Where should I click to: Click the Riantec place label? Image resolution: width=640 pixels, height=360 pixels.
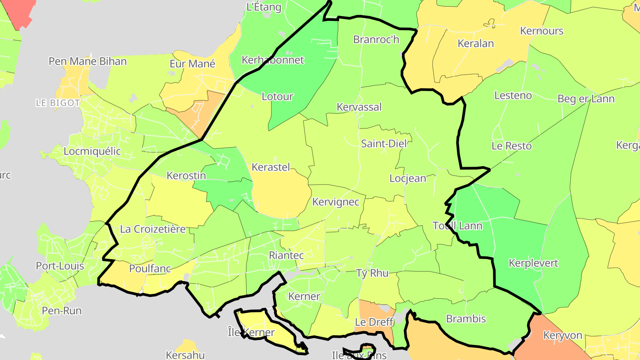[286, 255]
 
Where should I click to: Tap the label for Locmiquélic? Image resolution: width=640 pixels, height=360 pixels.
[92, 151]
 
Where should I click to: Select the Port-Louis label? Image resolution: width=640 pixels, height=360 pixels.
[60, 266]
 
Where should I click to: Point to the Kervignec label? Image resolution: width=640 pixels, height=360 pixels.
[336, 202]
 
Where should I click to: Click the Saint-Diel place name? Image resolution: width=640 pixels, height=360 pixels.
[384, 144]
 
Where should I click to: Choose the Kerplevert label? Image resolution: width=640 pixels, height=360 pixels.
[533, 263]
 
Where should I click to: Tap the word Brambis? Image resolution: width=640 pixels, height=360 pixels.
[466, 319]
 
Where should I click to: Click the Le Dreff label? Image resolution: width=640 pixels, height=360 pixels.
[374, 322]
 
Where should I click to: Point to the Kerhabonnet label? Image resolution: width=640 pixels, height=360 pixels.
[272, 60]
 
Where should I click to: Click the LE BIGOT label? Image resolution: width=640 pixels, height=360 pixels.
[58, 103]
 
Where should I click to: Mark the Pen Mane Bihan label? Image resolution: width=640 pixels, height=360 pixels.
[88, 61]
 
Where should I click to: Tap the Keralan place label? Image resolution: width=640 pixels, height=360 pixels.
[476, 44]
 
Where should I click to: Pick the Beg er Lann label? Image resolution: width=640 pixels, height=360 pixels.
[586, 99]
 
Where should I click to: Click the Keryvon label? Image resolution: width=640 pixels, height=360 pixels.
[563, 335]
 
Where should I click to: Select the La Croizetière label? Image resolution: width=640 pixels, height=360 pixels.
[152, 229]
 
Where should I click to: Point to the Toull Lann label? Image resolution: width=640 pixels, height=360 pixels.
[457, 226]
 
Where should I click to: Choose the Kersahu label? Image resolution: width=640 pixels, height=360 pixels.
[185, 355]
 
